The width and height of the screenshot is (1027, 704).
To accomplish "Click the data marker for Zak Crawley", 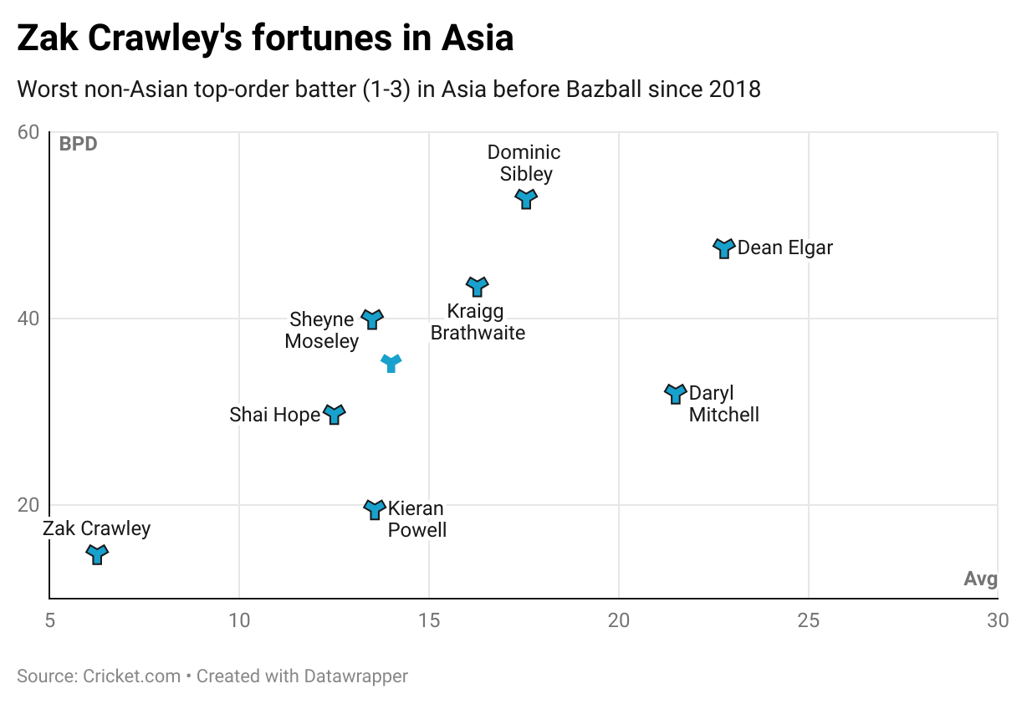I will (98, 554).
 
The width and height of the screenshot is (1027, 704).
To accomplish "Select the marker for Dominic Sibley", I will (525, 199).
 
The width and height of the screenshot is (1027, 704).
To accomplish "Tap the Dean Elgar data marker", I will (724, 248).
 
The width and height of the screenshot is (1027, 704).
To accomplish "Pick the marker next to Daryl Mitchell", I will (676, 394).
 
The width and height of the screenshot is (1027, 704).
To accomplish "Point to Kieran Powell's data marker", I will (375, 509).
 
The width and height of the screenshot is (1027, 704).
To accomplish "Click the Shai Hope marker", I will (335, 414).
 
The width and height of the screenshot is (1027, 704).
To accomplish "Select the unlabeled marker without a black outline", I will (391, 363).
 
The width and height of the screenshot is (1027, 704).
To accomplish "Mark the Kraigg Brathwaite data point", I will (477, 287).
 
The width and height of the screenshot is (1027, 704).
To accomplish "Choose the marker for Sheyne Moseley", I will (372, 319).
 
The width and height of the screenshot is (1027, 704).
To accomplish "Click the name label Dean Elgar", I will (785, 248).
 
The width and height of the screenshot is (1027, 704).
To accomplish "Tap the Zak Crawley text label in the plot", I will (97, 528).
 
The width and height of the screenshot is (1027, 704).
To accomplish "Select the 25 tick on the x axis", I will (809, 620).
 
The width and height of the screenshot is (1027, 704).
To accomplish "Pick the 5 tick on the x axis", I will (49, 620).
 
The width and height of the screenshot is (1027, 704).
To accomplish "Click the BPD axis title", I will (78, 144).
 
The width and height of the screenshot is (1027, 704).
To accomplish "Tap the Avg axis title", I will (980, 579).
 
